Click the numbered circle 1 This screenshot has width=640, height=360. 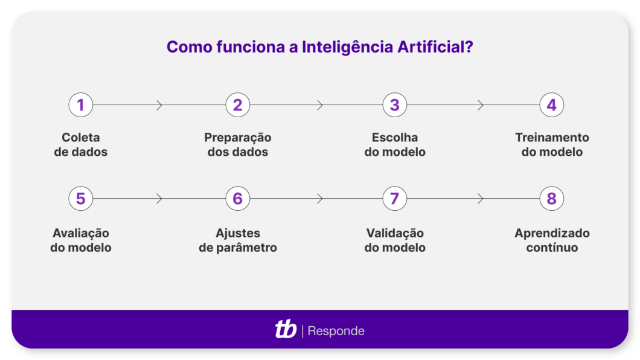coord(81,105)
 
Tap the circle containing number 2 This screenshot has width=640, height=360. coord(238,105)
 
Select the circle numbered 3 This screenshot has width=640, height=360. coord(395,105)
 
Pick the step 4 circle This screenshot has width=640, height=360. coord(552,105)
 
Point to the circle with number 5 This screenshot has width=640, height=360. coord(81,199)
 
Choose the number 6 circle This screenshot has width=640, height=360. coord(238,199)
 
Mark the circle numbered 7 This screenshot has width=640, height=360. coord(395,199)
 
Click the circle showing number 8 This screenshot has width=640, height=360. coord(552,199)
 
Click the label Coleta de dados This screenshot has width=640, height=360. coord(81,145)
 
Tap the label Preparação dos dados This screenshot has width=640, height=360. coord(238,145)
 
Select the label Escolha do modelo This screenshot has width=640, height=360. coord(395,145)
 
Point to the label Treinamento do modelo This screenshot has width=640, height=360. coord(552,145)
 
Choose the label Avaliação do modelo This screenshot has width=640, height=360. coord(81,240)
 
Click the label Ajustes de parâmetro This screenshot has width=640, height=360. coord(238,240)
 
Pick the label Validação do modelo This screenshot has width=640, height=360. coord(395,240)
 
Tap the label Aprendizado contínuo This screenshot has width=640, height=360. coord(552,240)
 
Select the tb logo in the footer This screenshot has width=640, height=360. coord(286,330)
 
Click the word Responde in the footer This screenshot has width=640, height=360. coord(336,331)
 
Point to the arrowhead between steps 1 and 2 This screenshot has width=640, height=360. coord(160,105)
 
